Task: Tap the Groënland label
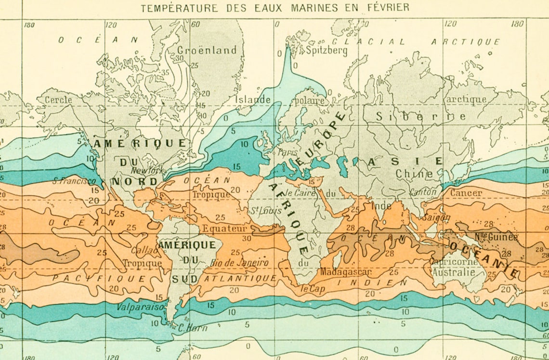[207, 50]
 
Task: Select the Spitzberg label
[326, 51]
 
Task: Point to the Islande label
[253, 100]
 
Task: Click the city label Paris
[288, 152]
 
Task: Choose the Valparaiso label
[140, 307]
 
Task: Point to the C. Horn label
[193, 328]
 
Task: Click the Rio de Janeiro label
[239, 263]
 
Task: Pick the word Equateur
[224, 228]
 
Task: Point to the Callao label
[144, 251]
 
